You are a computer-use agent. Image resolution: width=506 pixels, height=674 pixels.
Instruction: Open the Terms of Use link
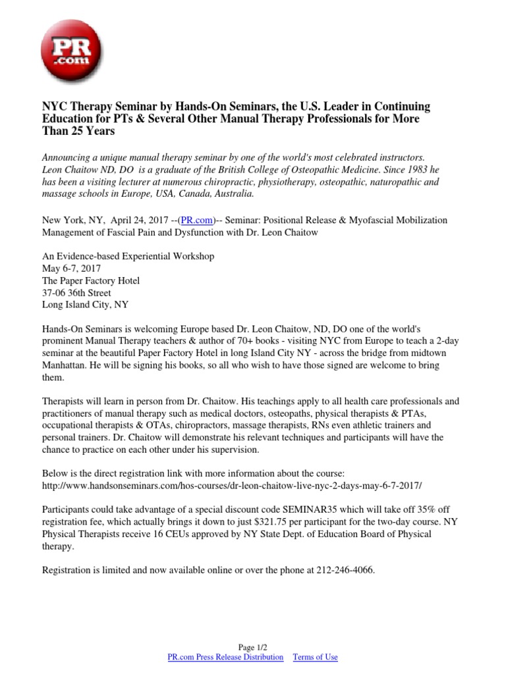pyautogui.click(x=315, y=657)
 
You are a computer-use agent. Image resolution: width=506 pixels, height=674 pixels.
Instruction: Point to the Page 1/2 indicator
pyautogui.click(x=252, y=648)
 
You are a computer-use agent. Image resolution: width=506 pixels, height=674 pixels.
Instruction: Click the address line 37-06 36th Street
pyautogui.click(x=76, y=292)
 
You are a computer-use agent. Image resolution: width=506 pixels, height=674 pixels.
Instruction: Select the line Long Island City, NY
pyautogui.click(x=86, y=305)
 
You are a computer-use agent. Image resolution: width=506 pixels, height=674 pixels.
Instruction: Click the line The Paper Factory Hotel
pyautogui.click(x=91, y=280)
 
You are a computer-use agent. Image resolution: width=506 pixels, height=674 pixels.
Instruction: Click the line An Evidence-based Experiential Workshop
pyautogui.click(x=128, y=256)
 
